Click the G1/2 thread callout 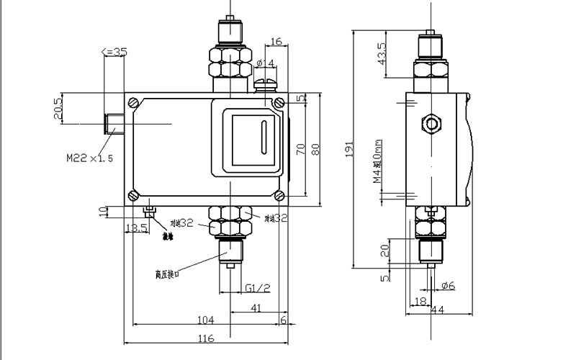coord(257,288)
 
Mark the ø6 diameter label coord(448,286)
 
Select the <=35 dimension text coord(114,51)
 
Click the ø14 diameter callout coord(265,64)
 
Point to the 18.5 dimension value coord(137,228)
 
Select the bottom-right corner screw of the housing coord(279,195)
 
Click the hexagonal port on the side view coord(433,123)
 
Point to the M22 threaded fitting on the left coord(114,124)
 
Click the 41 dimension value coord(256,308)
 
